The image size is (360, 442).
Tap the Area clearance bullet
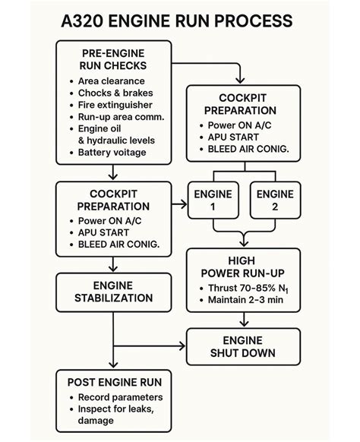click(x=117, y=81)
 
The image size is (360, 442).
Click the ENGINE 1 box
click(x=213, y=200)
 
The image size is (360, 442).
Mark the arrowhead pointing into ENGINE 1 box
click(x=183, y=204)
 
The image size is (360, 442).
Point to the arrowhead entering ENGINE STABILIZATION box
click(x=112, y=268)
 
